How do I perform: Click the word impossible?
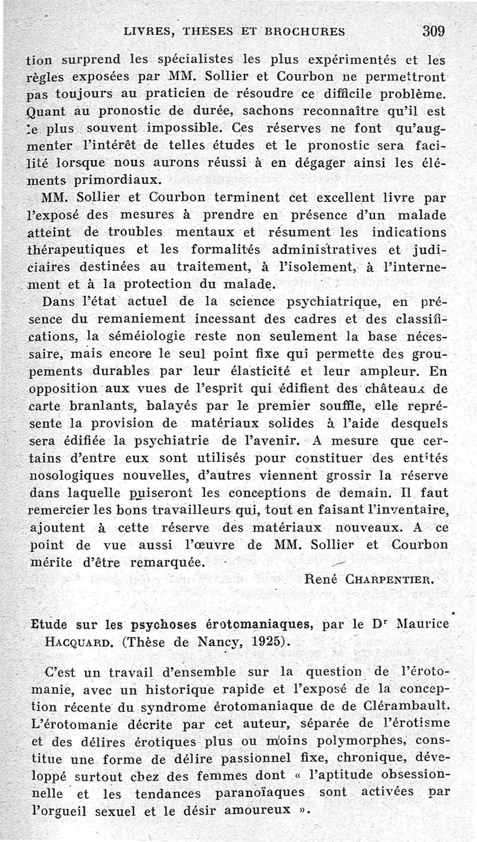(x=180, y=128)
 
